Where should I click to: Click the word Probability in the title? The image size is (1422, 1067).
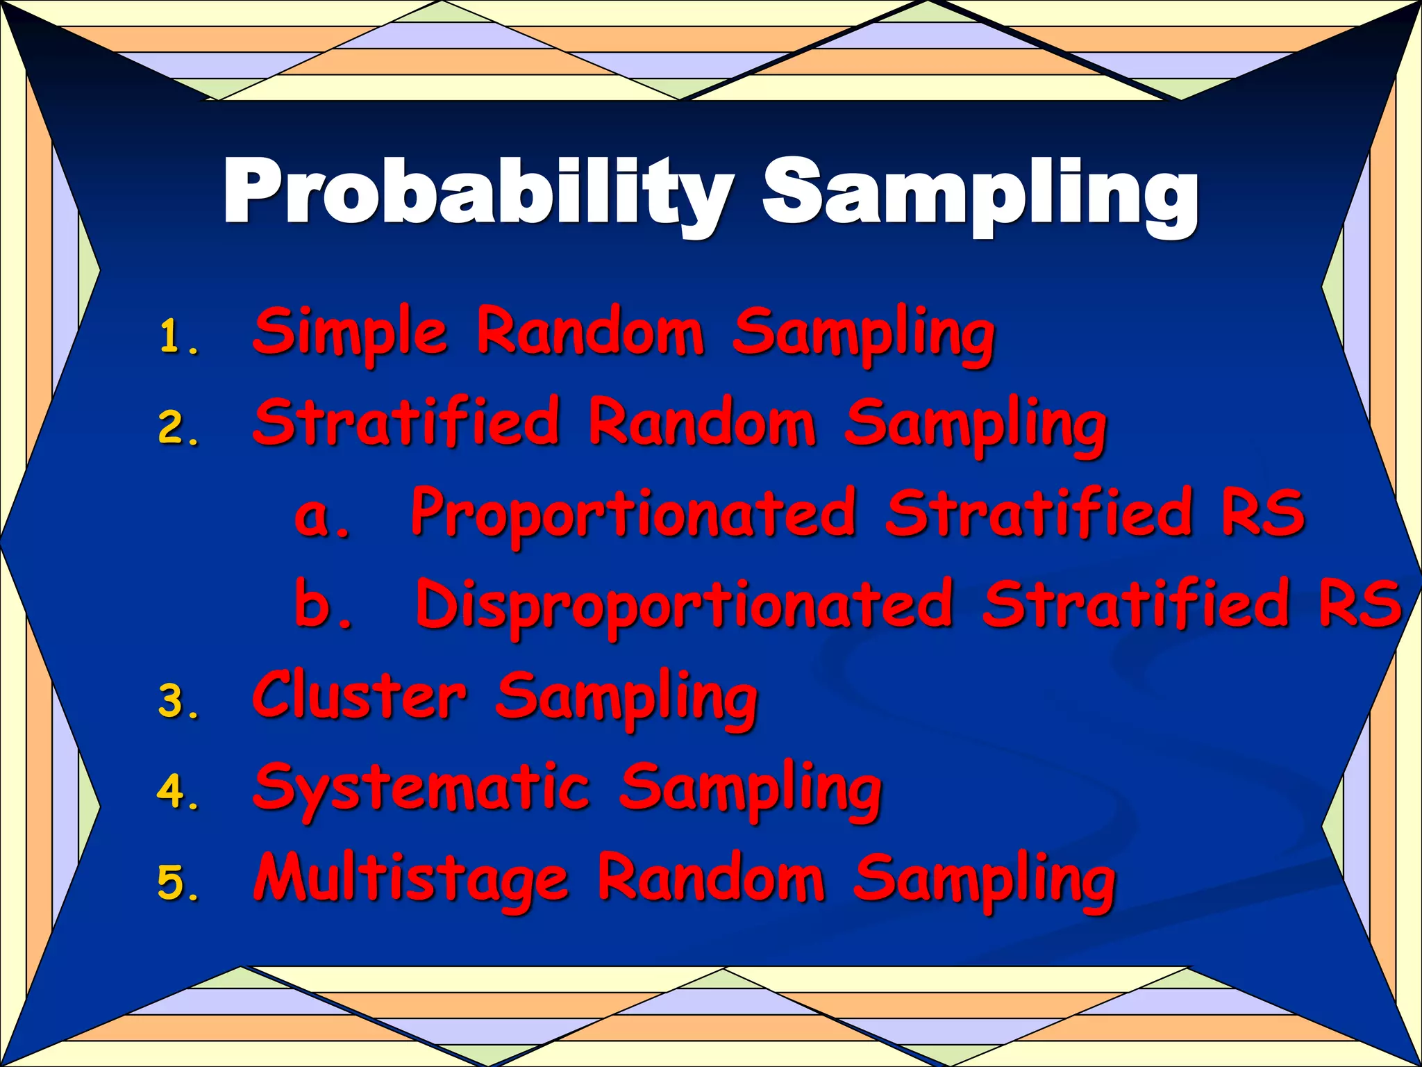[478, 191]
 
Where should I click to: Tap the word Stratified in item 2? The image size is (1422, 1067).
[406, 422]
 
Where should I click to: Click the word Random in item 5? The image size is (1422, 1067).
[711, 878]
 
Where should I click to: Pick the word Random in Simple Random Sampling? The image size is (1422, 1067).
[590, 332]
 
